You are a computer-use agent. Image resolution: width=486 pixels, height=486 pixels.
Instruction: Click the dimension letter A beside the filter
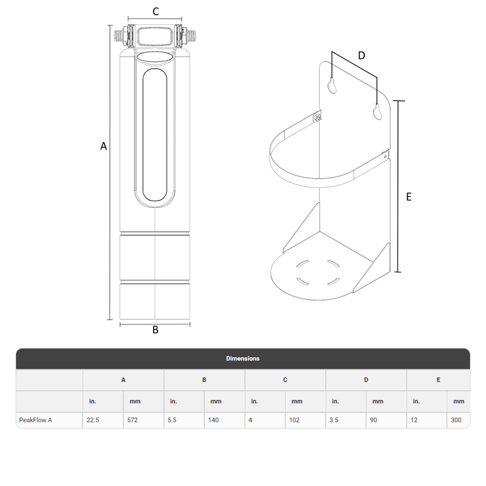coord(103,146)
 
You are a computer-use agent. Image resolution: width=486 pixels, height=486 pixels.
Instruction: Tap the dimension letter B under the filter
coord(156,330)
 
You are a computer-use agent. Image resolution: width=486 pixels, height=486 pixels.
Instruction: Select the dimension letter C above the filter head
coord(156,12)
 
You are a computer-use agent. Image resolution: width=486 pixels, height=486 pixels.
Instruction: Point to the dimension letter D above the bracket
coord(361,55)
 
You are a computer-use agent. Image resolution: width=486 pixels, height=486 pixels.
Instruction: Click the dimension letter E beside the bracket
coord(409,197)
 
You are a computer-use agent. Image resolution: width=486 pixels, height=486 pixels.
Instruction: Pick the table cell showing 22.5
coord(93,420)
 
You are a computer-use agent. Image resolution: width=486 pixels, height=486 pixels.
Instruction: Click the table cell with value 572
coord(132,420)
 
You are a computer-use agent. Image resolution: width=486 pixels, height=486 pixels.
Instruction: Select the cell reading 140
coord(213,420)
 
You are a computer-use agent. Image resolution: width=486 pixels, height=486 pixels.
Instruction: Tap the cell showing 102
coord(294,420)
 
